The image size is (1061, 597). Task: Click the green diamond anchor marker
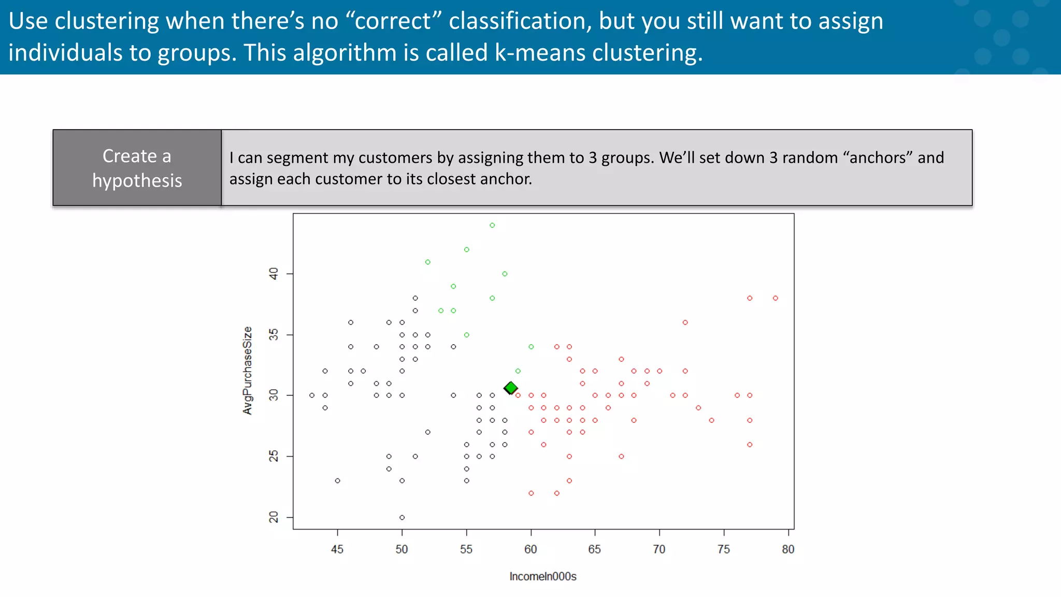511,388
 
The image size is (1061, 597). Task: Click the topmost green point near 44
492,225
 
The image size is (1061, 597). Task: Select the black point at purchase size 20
402,517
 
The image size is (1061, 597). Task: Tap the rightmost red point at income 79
775,298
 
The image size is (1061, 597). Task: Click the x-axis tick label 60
530,549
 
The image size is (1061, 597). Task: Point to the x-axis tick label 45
337,549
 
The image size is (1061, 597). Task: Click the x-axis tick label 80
788,549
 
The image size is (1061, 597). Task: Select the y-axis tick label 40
274,273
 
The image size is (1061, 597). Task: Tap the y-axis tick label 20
274,517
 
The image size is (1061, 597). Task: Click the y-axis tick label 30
274,395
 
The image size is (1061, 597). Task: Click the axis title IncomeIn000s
543,576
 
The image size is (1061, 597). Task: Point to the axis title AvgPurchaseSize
248,371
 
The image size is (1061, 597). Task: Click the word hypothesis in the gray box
137,180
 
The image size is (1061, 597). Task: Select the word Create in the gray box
130,156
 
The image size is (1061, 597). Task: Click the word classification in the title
520,21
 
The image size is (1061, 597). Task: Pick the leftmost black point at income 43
312,395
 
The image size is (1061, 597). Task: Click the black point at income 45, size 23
338,481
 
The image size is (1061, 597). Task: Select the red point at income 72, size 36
685,322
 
